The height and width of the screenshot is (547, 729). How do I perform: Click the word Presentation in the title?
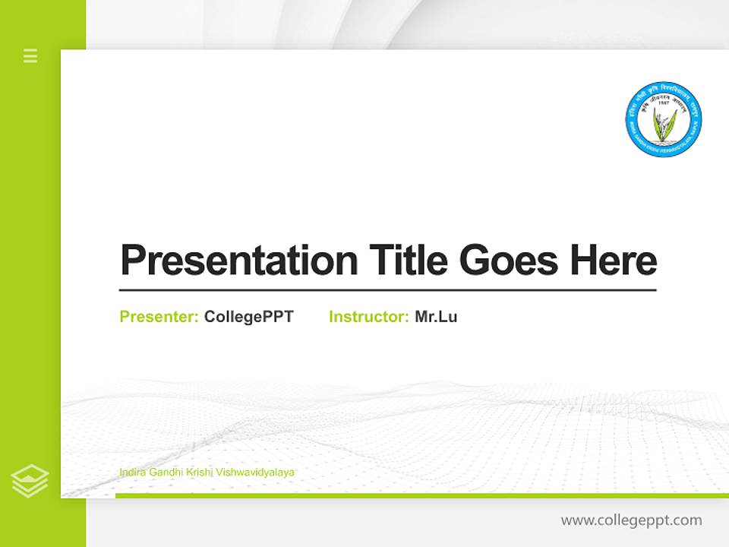238,260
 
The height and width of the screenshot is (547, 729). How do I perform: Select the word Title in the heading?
408,260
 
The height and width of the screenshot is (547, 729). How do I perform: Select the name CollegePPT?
248,317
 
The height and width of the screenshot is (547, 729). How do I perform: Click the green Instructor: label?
369,317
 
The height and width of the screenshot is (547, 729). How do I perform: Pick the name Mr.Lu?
436,317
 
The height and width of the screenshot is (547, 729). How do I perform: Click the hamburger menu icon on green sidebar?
30,55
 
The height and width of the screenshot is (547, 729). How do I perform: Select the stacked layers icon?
30,481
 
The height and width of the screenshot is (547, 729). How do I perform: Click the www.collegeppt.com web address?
631,520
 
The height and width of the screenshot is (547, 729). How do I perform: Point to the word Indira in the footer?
132,473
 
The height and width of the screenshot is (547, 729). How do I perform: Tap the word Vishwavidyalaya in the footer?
255,473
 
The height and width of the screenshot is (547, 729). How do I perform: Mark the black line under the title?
387,290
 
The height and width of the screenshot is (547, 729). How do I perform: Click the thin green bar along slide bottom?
421,495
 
